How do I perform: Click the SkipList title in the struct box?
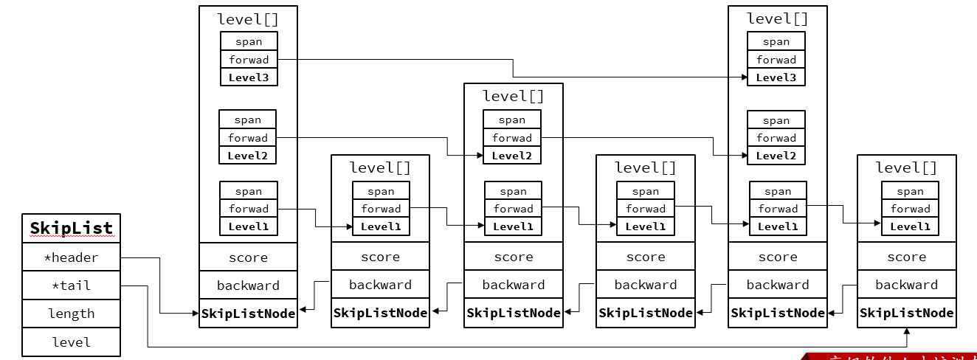pyautogui.click(x=71, y=228)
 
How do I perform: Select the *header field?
pyautogui.click(x=71, y=257)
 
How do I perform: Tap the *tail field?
pyautogui.click(x=71, y=285)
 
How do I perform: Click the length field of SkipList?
pyautogui.click(x=71, y=314)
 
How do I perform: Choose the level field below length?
pyautogui.click(x=71, y=342)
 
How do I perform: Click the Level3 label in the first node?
pyautogui.click(x=249, y=77)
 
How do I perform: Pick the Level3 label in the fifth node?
pyautogui.click(x=776, y=77)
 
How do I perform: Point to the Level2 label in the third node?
pyautogui.click(x=512, y=156)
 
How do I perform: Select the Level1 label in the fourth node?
pyautogui.click(x=646, y=226)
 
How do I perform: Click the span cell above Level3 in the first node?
pyautogui.click(x=249, y=42)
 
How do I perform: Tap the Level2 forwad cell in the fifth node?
pyautogui.click(x=776, y=138)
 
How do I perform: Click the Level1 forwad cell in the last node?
pyautogui.click(x=910, y=209)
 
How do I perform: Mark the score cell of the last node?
pyautogui.click(x=906, y=257)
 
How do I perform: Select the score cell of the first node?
pyautogui.click(x=248, y=257)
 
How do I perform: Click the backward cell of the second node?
pyautogui.click(x=380, y=285)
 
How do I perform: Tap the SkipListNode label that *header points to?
pyautogui.click(x=248, y=314)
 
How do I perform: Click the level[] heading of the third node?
pyautogui.click(x=513, y=96)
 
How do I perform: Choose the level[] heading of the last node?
pyautogui.click(x=906, y=167)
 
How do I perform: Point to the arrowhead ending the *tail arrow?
pyautogui.click(x=906, y=331)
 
